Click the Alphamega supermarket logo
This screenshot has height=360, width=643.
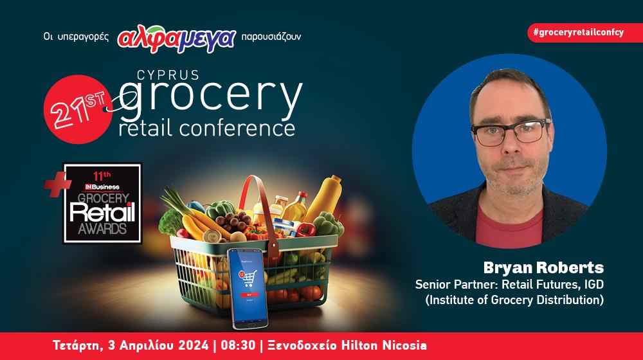pos(177,38)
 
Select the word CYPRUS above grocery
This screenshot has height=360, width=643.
pos(168,75)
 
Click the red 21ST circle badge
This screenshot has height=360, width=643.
pos(78,109)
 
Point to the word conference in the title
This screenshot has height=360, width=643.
pos(237,128)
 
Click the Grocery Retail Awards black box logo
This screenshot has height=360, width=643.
pos(102,203)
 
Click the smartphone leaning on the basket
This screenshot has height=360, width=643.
pos(248,288)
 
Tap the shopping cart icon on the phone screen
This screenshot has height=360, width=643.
pos(248,278)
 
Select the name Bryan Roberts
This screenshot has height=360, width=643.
pos(543,267)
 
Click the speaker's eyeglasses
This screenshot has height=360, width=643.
pos(511,132)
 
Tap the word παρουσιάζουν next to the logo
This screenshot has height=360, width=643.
pos(271,37)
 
